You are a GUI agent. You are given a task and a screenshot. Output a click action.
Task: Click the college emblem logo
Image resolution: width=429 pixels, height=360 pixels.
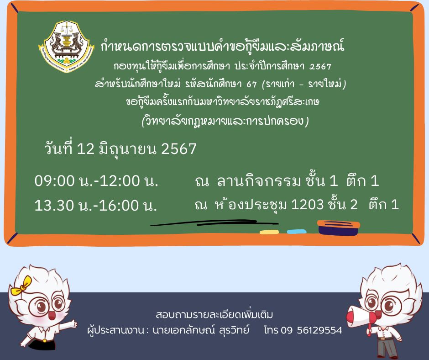coord(66,46)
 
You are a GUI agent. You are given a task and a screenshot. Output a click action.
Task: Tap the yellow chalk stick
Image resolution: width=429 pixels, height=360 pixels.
coord(269,233)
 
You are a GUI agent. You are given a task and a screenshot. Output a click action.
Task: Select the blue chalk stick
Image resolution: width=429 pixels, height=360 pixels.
coord(297,232)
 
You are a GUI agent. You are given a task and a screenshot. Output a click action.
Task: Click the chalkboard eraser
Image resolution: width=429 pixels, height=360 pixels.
coord(339,228)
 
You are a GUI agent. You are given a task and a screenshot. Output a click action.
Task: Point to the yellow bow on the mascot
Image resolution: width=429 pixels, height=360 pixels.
coord(21,285)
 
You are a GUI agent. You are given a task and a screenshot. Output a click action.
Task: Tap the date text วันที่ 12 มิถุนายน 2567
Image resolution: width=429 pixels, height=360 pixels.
coord(120,149)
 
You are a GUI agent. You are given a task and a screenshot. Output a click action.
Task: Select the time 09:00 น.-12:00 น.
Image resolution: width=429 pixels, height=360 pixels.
coord(96,181)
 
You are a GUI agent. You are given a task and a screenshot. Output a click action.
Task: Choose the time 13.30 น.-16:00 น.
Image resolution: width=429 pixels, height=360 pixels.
coord(96,205)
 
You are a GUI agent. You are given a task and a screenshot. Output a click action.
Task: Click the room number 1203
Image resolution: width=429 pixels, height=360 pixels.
coord(307,204)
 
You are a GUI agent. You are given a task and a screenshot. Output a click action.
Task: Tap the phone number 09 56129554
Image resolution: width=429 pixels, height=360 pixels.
coord(311,330)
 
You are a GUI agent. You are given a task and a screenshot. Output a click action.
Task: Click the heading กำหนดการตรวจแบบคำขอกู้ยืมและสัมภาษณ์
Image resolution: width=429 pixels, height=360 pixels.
coord(222,46)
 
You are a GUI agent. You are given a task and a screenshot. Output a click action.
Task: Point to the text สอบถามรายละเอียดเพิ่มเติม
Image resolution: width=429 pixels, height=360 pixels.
coord(214,314)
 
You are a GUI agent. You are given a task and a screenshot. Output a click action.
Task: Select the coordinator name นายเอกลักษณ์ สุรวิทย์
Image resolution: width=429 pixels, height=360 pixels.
coord(201,330)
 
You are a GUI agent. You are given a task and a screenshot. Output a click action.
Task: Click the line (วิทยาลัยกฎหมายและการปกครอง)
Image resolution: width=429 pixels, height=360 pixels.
coord(225,121)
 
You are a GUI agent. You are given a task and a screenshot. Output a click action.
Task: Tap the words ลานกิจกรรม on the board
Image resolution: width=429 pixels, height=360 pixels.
coord(259,181)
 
